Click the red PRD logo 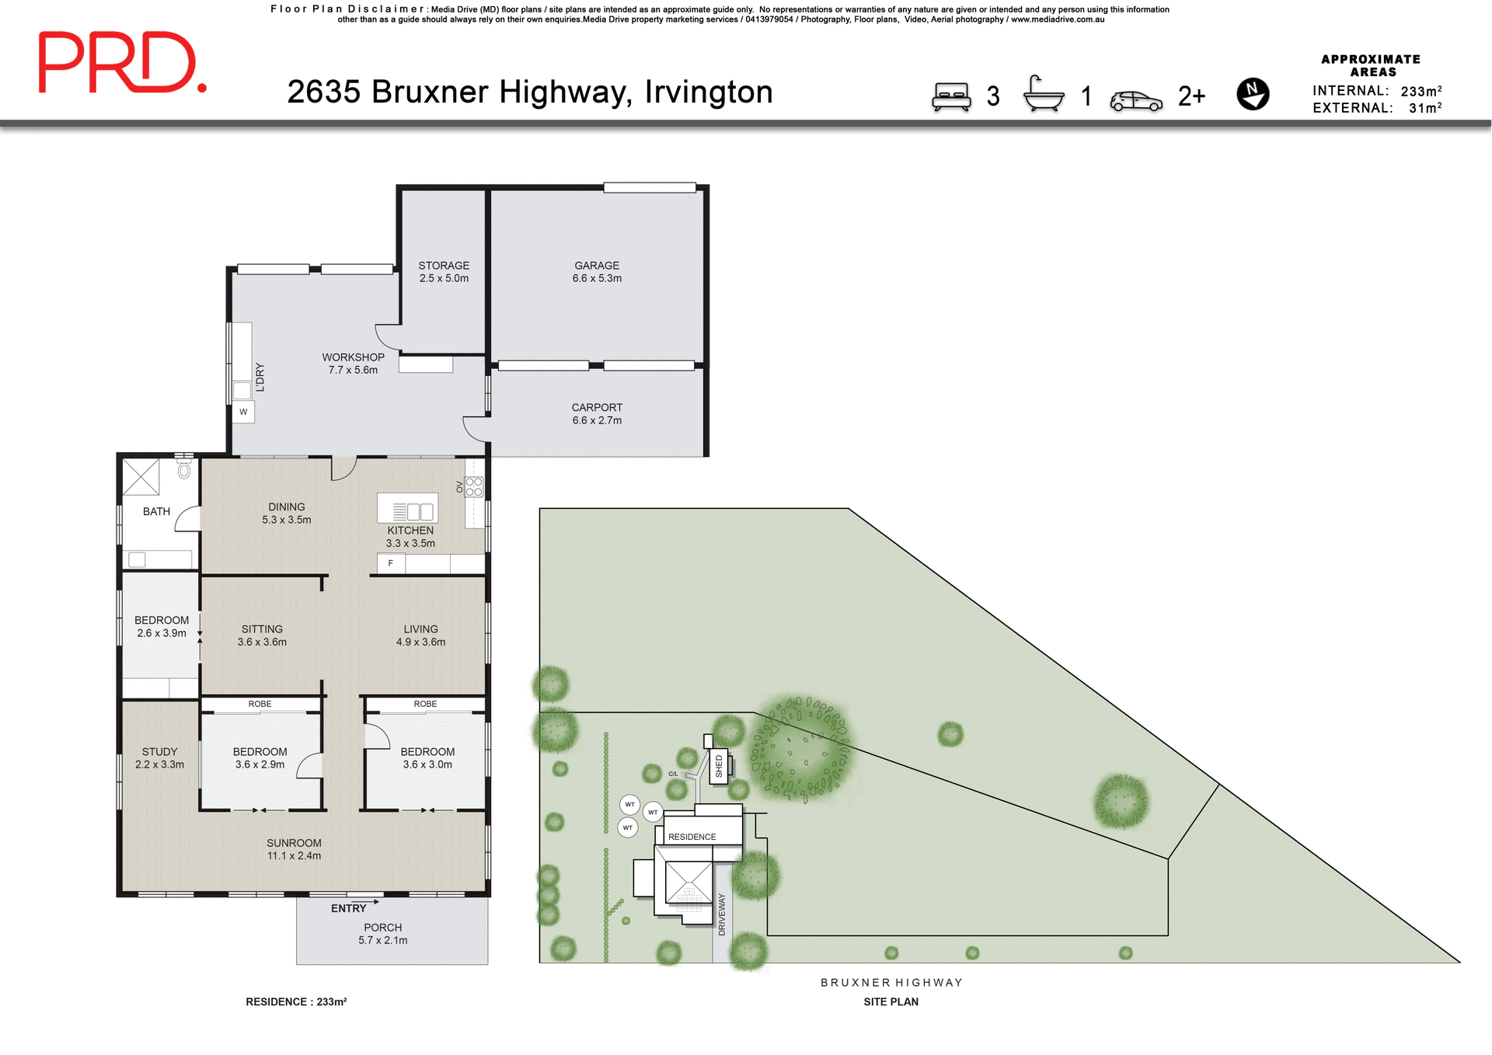122,62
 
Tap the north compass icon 1253,94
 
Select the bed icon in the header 951,97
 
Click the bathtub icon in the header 1043,95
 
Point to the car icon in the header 1135,101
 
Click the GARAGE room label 597,266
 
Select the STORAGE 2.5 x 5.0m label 444,272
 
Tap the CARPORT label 597,407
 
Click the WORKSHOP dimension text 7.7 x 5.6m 353,370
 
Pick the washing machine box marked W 243,412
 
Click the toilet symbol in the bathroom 184,469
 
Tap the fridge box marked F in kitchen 391,563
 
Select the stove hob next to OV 474,487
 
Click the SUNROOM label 294,843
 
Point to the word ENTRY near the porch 348,908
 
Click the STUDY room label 159,752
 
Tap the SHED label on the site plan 719,766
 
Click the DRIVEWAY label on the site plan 721,914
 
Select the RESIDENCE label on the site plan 692,837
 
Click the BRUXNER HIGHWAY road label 891,983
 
